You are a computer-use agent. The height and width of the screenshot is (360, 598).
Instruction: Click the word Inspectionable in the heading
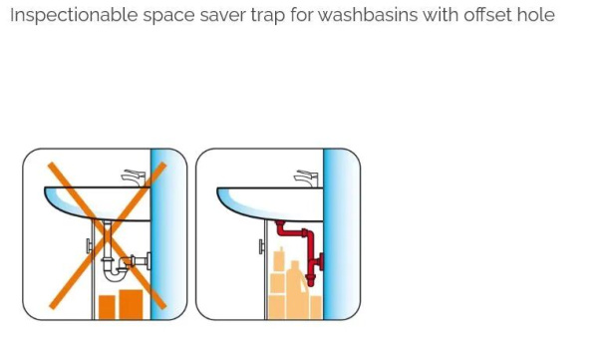point(74,16)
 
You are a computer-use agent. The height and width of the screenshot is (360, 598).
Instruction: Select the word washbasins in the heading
point(368,15)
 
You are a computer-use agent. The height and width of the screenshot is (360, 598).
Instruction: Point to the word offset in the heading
point(487,15)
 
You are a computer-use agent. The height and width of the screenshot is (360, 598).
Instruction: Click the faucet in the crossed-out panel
point(135,178)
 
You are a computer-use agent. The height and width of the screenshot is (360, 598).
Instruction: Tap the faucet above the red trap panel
point(306,178)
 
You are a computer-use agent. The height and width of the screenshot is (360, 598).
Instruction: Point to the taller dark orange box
point(132,304)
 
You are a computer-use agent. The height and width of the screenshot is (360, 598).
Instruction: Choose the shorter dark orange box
point(107,307)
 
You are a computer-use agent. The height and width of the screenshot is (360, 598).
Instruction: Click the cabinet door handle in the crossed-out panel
point(89,246)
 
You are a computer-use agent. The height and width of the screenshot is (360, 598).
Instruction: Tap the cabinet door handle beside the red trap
point(261,246)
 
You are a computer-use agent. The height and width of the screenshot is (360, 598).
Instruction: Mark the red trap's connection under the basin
point(280,222)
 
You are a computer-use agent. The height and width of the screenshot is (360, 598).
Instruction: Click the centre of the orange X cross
point(108,235)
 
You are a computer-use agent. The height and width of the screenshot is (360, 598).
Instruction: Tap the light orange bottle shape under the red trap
point(296,290)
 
